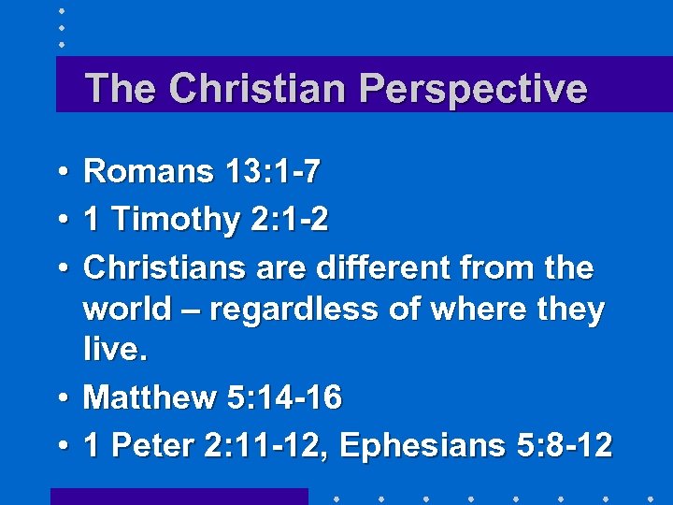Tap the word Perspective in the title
[473, 90]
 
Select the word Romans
[149, 171]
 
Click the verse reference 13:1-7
[273, 171]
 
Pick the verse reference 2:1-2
[290, 220]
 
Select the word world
[127, 309]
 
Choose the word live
[114, 350]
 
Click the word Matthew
[150, 397]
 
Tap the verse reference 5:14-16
[285, 397]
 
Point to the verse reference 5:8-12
[566, 446]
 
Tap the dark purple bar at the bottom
[179, 496]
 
